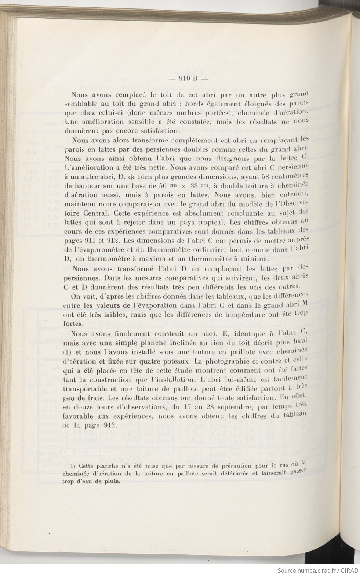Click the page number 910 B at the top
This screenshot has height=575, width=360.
(188, 78)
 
